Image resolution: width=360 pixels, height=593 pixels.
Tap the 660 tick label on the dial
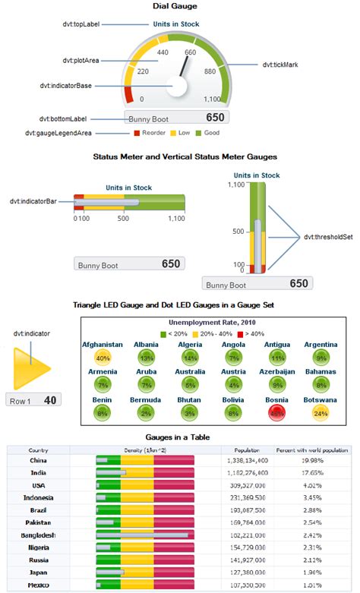[190, 53]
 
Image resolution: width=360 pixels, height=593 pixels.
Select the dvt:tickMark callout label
[280, 65]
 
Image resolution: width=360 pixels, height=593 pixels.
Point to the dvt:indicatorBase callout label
[67, 86]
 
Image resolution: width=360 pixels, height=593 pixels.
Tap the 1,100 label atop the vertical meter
[235, 185]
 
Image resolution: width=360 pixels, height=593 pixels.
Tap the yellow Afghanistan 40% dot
[102, 358]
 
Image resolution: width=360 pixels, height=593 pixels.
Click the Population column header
[247, 450]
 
